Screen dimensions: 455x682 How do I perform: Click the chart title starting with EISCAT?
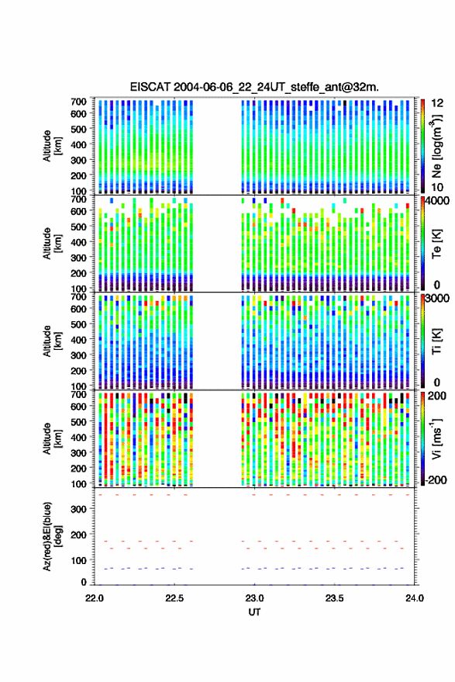tap(254, 87)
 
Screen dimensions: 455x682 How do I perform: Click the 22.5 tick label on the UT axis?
tap(174, 598)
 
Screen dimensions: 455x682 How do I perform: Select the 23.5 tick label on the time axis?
tap(334, 598)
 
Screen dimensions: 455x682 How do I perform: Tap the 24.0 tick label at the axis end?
tap(414, 598)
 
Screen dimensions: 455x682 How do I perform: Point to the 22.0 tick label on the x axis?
tap(95, 598)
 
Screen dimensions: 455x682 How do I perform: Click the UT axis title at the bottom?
tap(254, 612)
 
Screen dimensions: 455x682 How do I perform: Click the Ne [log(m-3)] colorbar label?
tap(436, 146)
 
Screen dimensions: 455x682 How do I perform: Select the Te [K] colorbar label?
tap(436, 243)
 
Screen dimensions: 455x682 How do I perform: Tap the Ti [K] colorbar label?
tap(436, 341)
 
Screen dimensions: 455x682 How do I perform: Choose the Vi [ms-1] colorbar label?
tap(436, 438)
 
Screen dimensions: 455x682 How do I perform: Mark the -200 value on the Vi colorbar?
tap(437, 480)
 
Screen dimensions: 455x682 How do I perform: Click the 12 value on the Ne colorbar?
tap(437, 103)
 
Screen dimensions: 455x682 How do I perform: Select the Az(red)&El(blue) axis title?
tap(52, 537)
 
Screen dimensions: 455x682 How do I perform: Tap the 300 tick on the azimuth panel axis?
tap(78, 509)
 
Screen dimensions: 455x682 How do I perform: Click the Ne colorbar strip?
tap(422, 146)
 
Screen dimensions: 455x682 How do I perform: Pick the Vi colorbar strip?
tap(422, 438)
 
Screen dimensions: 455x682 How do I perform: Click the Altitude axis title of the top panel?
tap(52, 146)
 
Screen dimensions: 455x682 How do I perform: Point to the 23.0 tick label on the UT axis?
tap(254, 598)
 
